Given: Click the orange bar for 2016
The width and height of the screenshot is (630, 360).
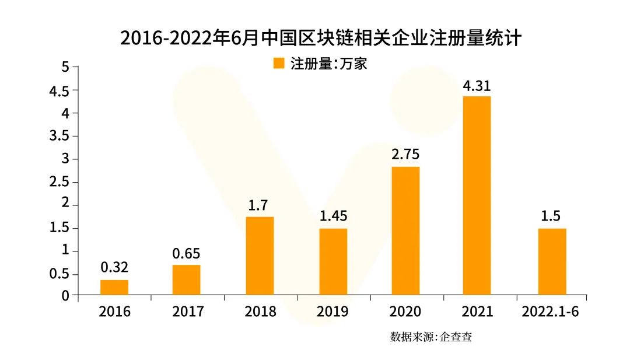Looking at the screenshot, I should [x=114, y=288].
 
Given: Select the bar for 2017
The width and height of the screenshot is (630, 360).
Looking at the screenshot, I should [x=187, y=280].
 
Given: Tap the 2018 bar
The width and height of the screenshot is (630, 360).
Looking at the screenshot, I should [x=260, y=256].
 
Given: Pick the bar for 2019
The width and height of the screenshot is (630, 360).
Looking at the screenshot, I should [x=333, y=261].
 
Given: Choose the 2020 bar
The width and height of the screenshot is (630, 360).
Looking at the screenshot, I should [x=405, y=230].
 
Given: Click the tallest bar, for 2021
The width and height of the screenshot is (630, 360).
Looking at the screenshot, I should [x=477, y=195].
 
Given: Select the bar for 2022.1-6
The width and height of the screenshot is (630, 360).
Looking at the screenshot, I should [x=552, y=261].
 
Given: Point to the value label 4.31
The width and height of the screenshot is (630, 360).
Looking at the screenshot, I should [x=477, y=86].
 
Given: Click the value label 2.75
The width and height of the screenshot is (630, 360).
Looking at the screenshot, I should [x=405, y=155].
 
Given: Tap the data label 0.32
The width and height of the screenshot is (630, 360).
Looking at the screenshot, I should [x=114, y=268].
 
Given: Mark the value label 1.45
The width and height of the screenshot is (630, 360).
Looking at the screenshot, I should [x=333, y=216].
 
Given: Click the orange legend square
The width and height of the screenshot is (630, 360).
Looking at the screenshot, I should [x=279, y=63].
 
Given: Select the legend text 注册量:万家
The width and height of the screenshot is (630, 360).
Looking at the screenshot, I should [x=328, y=63].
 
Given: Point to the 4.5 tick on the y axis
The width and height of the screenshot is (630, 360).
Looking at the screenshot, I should [x=61, y=90].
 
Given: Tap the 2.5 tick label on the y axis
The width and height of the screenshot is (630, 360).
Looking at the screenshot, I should [x=61, y=182].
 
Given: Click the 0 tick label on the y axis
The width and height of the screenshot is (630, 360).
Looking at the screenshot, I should [x=65, y=296].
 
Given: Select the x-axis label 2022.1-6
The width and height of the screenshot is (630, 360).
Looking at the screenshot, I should [x=552, y=312].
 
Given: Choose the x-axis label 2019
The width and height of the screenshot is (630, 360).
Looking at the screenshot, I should [x=332, y=312].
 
